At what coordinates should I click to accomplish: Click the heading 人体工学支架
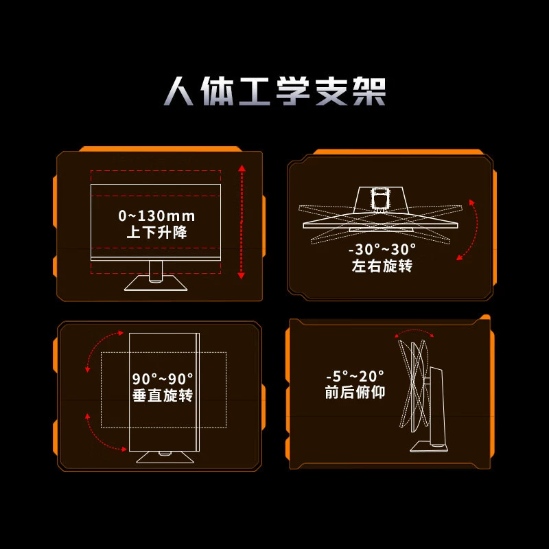(274, 91)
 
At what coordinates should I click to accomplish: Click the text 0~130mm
(156, 215)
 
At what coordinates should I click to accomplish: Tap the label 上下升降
(156, 232)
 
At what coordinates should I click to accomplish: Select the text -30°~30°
(382, 250)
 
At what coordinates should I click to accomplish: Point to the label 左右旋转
(382, 266)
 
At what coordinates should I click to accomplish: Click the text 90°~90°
(163, 379)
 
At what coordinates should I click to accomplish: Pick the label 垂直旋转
(163, 395)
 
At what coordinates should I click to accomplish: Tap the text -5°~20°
(355, 376)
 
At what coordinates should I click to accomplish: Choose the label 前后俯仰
(355, 392)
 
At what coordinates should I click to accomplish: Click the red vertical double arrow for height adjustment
(242, 222)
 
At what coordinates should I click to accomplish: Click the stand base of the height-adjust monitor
(156, 283)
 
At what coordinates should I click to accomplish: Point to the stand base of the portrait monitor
(165, 458)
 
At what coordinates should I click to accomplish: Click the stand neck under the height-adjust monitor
(156, 271)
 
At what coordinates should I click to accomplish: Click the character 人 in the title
(178, 91)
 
